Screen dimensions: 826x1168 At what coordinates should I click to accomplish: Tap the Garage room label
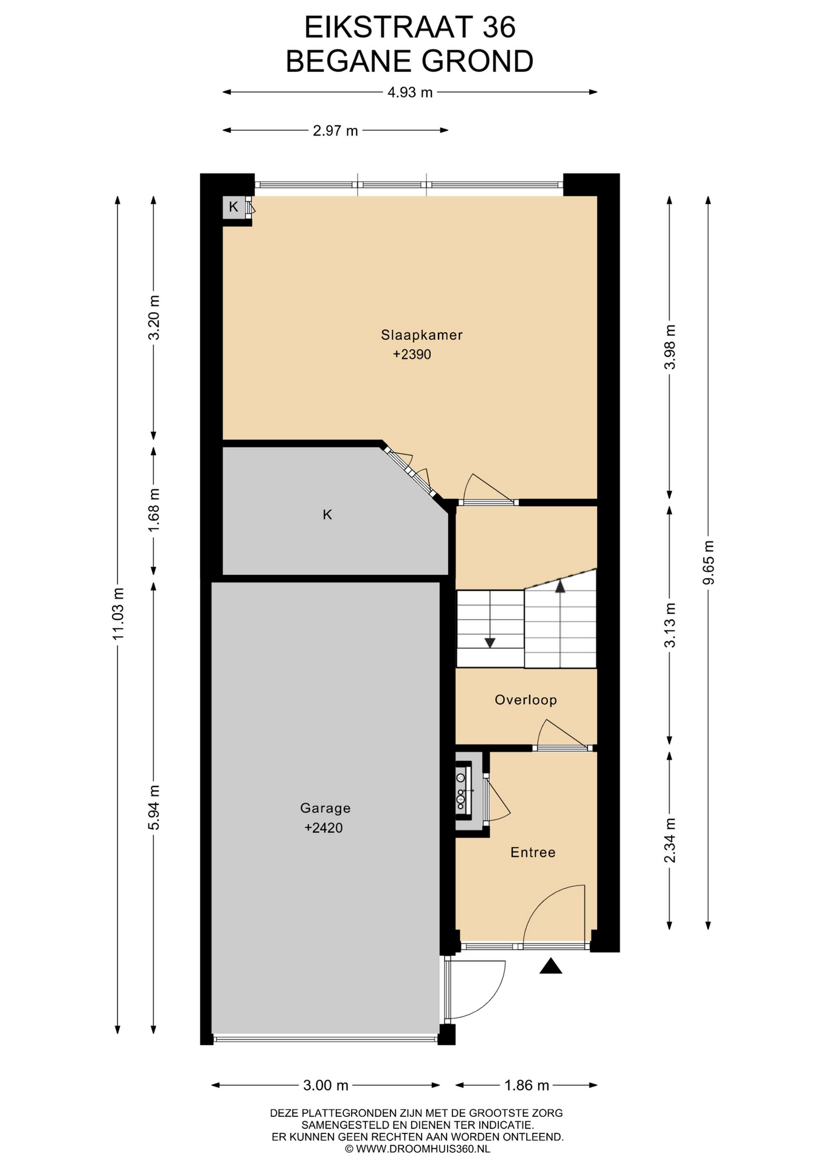click(x=325, y=808)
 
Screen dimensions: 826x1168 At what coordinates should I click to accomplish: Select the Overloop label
click(x=526, y=700)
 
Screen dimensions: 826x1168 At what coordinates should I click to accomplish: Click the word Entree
click(x=533, y=852)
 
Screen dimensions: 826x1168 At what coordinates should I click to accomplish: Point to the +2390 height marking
click(x=412, y=354)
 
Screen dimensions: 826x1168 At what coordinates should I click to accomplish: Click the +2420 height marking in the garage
click(x=324, y=827)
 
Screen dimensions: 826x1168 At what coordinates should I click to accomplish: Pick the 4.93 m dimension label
click(x=410, y=92)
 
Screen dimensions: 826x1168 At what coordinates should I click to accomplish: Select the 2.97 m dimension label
click(x=335, y=130)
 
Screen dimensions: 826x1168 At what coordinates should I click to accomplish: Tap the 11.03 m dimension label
click(x=118, y=613)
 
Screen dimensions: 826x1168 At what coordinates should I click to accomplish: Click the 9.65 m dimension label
click(x=709, y=562)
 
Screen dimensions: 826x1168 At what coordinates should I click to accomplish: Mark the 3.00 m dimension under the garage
click(x=325, y=1085)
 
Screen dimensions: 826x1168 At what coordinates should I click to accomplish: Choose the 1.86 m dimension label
click(x=526, y=1085)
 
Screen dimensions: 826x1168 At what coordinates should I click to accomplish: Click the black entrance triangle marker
click(x=550, y=967)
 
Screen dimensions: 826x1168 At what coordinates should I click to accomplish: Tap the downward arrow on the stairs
click(x=490, y=642)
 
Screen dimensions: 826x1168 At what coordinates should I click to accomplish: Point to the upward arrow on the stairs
click(x=560, y=586)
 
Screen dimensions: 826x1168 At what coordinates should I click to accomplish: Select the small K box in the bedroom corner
click(x=234, y=207)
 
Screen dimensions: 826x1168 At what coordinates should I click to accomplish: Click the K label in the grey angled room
click(x=327, y=515)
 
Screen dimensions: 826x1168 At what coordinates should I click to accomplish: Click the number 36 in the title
click(x=499, y=27)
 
